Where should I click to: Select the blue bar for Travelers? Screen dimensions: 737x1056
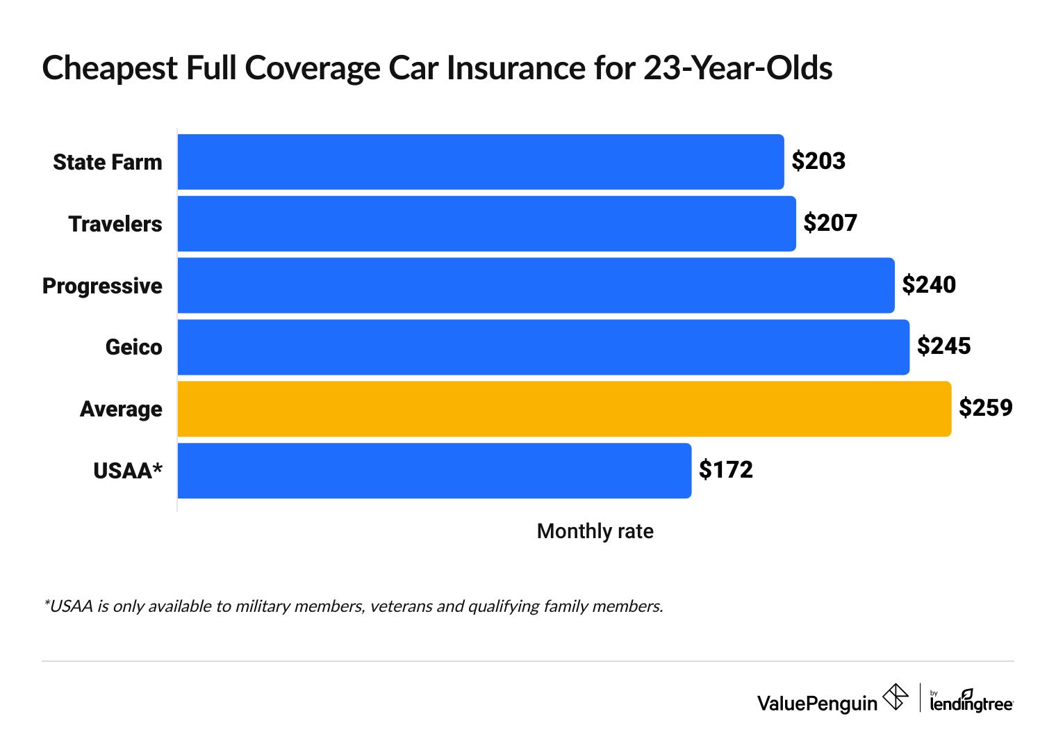tap(486, 224)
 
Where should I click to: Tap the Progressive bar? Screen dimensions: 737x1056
tap(536, 286)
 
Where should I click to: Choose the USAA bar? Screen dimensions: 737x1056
tap(434, 471)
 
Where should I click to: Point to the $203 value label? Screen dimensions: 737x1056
tap(818, 161)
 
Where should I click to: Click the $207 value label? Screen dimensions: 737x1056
tap(830, 223)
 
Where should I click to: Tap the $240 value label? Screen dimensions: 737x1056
tap(929, 285)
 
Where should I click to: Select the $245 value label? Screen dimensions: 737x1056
tap(943, 346)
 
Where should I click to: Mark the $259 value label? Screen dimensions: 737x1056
tap(985, 408)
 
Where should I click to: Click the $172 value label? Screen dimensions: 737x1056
tap(725, 470)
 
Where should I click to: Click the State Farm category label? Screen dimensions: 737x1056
tap(108, 163)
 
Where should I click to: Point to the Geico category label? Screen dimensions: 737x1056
tap(133, 347)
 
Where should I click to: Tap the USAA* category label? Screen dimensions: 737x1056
tap(128, 471)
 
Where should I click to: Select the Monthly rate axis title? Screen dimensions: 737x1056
tap(595, 532)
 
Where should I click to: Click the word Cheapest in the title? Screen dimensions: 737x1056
tap(109, 69)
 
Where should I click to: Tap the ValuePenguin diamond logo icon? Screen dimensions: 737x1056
tap(896, 697)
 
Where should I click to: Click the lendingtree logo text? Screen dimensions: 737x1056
tap(971, 703)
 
